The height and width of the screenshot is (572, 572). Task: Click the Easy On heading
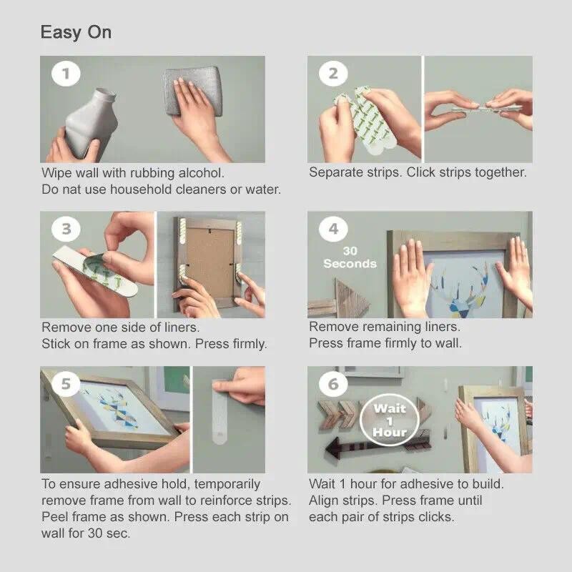[76, 33]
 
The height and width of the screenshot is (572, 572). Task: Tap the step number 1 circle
[66, 74]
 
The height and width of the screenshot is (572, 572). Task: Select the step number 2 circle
[333, 74]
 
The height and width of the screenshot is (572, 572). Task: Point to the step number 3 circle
[66, 229]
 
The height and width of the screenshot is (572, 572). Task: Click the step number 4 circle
[333, 229]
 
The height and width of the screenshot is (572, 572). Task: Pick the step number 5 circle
[66, 384]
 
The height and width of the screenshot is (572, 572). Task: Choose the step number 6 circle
[333, 384]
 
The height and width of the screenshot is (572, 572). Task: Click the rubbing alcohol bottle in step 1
[92, 124]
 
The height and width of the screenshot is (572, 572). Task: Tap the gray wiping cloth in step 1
[192, 92]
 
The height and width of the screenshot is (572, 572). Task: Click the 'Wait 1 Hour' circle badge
[389, 420]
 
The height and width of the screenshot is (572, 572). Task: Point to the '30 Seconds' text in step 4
[350, 257]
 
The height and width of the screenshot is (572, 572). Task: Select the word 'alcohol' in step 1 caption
[201, 173]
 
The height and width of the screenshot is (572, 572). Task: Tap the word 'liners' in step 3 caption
[182, 327]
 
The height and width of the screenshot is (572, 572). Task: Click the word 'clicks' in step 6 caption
[436, 517]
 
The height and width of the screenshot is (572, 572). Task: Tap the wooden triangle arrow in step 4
[351, 298]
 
